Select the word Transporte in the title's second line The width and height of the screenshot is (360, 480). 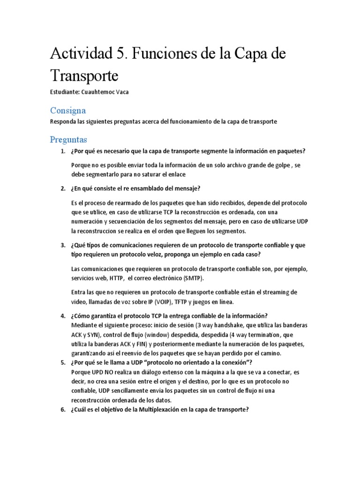click(x=85, y=75)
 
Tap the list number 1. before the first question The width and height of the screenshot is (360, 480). click(x=63, y=151)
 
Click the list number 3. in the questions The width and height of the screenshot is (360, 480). click(x=63, y=246)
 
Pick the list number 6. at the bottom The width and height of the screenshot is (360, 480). click(x=63, y=409)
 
